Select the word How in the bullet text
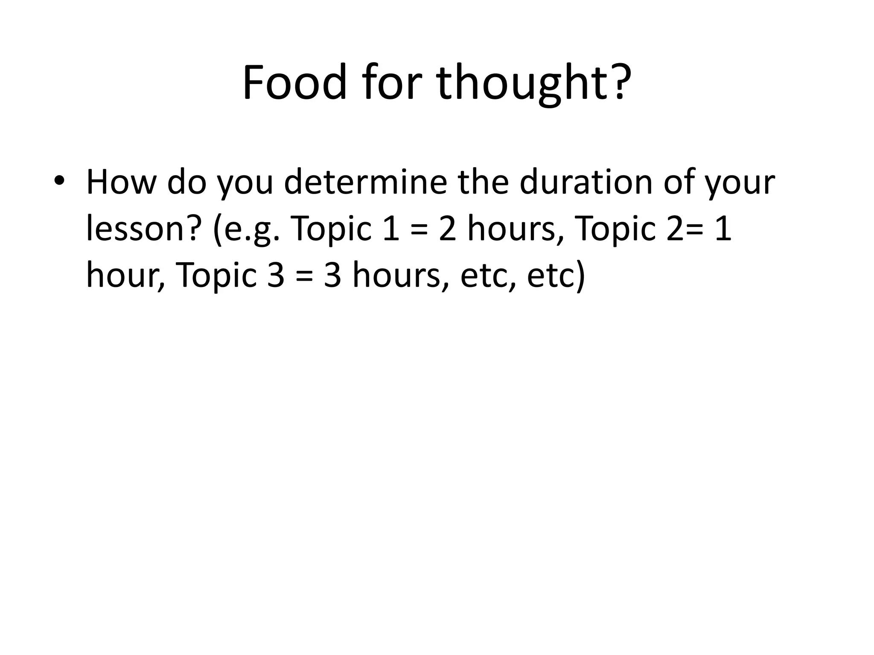121,182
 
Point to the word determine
366,182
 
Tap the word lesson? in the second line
143,229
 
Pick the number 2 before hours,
448,229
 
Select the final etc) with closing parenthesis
556,275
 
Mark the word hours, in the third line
401,275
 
